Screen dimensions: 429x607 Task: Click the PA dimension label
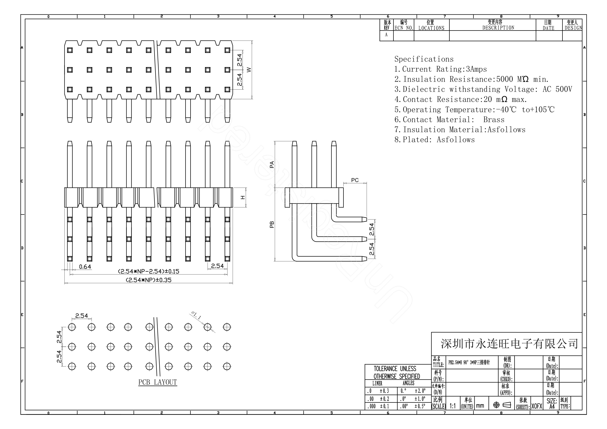[272, 164]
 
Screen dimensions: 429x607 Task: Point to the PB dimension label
[272, 224]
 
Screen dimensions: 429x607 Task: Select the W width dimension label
[249, 70]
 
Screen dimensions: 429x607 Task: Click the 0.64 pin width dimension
[85, 267]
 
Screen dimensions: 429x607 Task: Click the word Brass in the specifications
[494, 120]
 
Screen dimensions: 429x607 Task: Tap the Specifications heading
[424, 59]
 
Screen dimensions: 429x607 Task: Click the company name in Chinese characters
[509, 344]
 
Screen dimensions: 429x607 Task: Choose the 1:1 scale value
[453, 406]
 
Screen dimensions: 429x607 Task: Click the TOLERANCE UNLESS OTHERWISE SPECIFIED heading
[396, 372]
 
